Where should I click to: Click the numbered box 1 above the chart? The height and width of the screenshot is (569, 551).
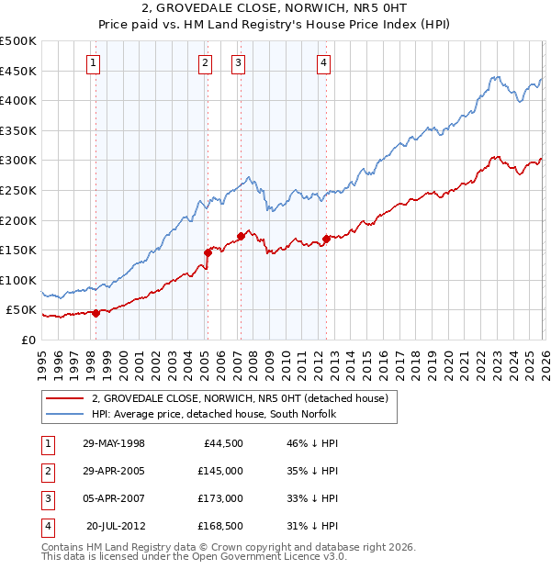[x=95, y=63]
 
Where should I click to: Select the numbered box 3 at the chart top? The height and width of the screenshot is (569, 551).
[x=238, y=63]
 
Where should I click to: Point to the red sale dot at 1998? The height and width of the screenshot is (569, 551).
[x=96, y=313]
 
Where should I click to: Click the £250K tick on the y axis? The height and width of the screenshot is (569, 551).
[x=18, y=190]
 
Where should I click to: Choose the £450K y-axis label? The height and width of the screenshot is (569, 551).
[x=18, y=71]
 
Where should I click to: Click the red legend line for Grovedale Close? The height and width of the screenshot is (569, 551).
[x=65, y=398]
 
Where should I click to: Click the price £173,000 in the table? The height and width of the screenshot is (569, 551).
[x=220, y=498]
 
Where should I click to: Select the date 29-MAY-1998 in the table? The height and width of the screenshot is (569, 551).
[x=114, y=443]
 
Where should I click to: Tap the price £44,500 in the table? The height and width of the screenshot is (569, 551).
[x=223, y=443]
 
